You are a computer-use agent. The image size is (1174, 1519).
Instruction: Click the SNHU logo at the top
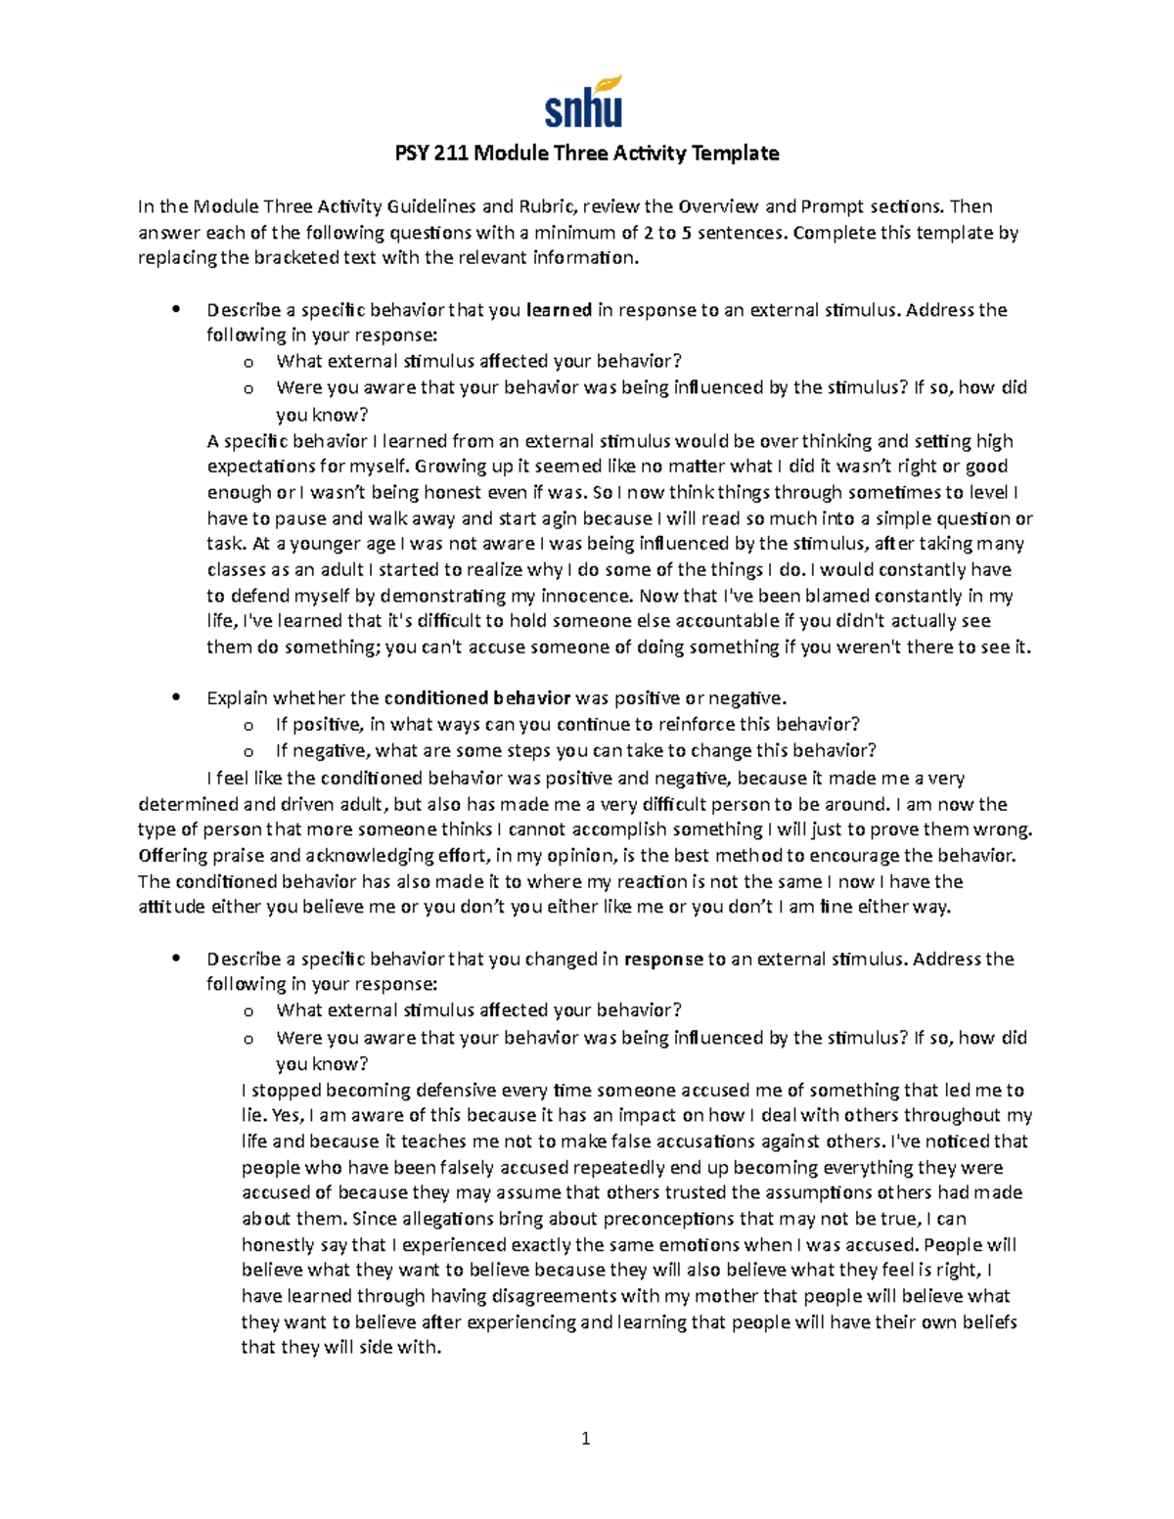click(584, 102)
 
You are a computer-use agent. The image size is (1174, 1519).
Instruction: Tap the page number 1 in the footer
click(586, 1438)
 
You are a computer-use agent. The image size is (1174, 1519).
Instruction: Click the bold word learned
click(559, 310)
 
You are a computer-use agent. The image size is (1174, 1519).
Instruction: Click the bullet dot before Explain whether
click(176, 698)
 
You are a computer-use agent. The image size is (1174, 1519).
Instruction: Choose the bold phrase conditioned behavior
click(476, 698)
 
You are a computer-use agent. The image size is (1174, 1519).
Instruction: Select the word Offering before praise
click(172, 856)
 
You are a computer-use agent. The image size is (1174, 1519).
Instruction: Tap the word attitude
click(171, 907)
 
